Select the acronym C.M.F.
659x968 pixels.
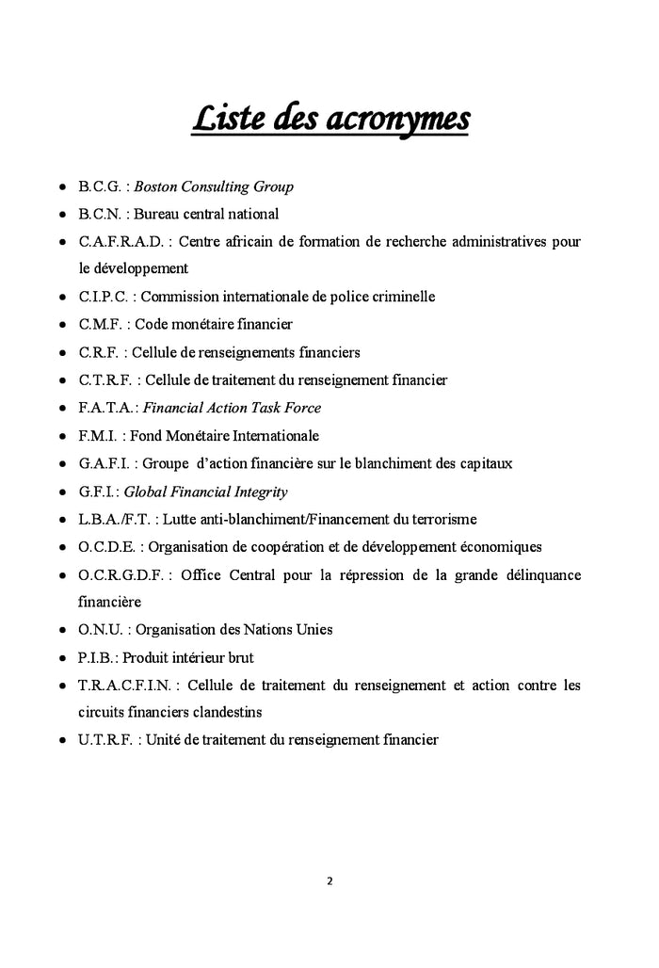[x=100, y=325]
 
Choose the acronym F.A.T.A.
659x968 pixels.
[x=107, y=408]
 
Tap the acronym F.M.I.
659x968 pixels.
[x=98, y=436]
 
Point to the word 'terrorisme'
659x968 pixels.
[x=441, y=519]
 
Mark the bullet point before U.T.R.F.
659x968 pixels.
[x=61, y=741]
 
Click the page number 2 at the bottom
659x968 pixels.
[x=329, y=882]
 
